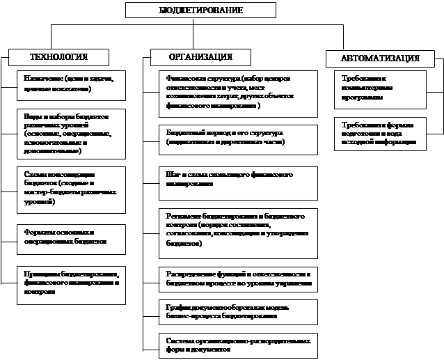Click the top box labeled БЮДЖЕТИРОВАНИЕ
click(x=200, y=10)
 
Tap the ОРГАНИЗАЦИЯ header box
click(x=201, y=56)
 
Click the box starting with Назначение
click(x=71, y=85)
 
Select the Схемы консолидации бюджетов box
click(x=71, y=189)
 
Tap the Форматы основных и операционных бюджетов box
click(x=71, y=239)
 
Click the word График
click(x=176, y=306)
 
